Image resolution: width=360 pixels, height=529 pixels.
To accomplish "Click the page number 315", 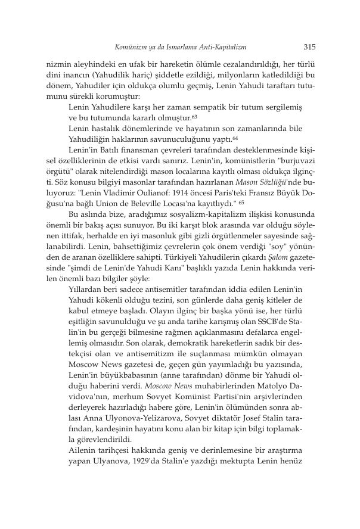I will pyautogui.click(x=309, y=46).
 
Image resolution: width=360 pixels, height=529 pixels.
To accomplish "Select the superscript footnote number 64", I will pyautogui.click(x=235, y=137).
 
